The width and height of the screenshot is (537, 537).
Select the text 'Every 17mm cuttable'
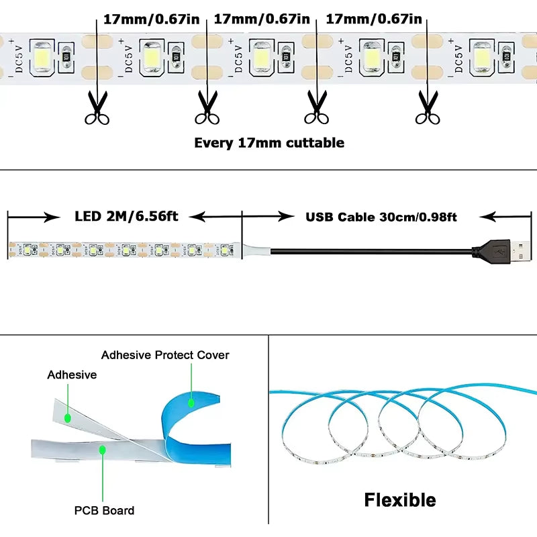click(x=268, y=142)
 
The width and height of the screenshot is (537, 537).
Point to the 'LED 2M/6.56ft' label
click(x=127, y=216)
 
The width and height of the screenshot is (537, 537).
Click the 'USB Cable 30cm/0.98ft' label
click(x=381, y=216)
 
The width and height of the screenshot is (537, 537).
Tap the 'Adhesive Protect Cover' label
click(x=165, y=354)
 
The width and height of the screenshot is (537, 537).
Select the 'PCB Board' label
click(x=104, y=510)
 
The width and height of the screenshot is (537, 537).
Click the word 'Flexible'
click(x=399, y=500)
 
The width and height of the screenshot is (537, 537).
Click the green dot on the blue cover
click(x=191, y=403)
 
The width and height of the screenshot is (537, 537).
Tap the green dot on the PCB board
click(x=102, y=449)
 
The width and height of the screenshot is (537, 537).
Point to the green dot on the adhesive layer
click(x=68, y=418)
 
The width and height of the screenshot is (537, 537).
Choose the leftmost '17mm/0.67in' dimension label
click(x=151, y=19)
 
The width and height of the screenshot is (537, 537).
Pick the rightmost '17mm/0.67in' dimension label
click(x=373, y=19)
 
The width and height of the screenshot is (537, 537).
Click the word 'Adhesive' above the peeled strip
click(x=72, y=375)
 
